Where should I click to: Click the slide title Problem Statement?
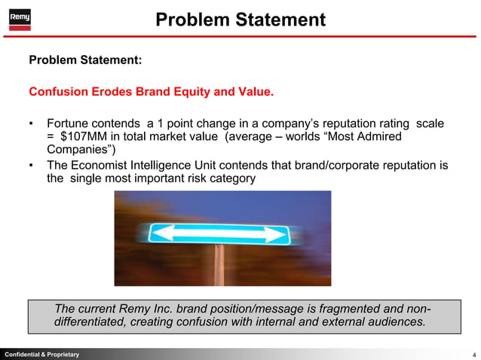tap(240, 19)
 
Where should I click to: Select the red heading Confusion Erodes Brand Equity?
tap(151, 93)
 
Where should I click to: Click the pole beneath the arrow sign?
tap(220, 264)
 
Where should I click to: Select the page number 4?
tap(473, 354)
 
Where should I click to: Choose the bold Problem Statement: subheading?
tap(85, 59)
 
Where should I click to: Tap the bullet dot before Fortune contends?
tap(32, 123)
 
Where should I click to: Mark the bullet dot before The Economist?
tap(32, 166)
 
